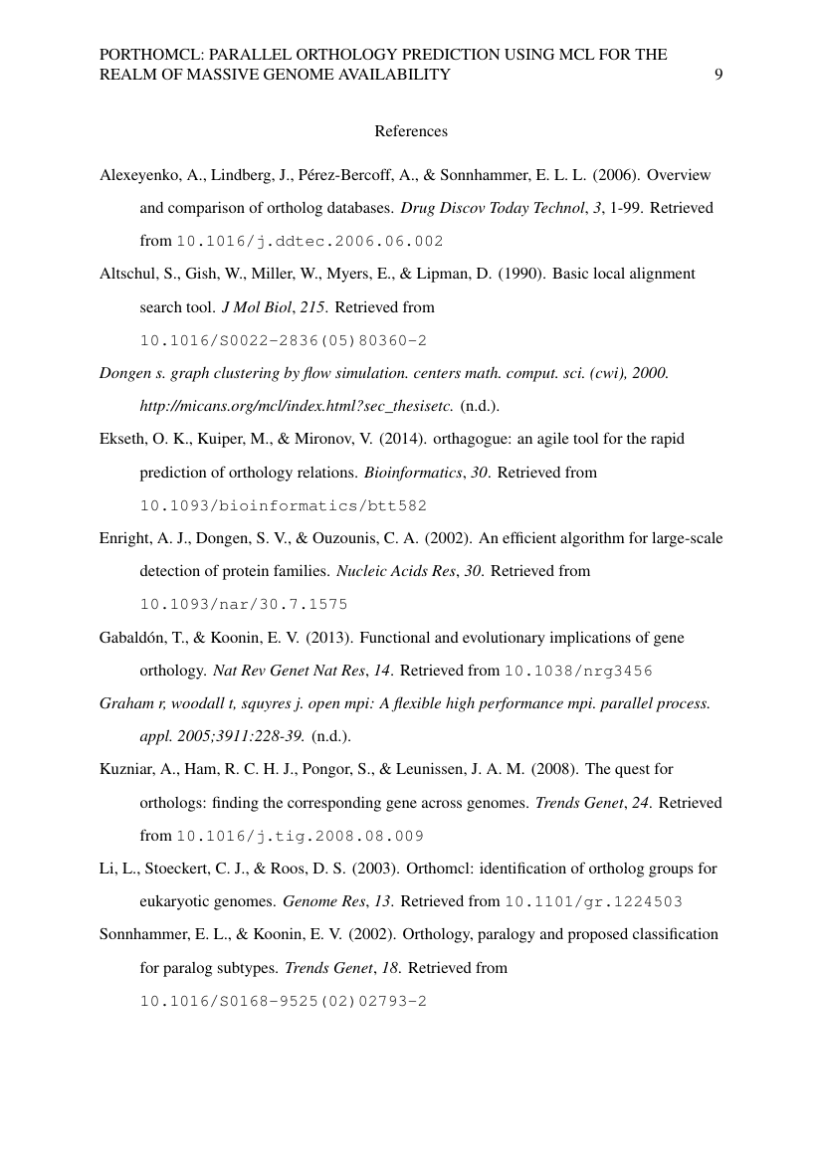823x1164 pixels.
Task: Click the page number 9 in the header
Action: pos(719,74)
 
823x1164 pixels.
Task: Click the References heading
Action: pos(411,131)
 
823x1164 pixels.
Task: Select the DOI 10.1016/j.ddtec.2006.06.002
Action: pos(309,242)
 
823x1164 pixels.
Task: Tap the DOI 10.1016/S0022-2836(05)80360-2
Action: pos(284,340)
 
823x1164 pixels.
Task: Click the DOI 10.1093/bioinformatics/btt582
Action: pos(284,505)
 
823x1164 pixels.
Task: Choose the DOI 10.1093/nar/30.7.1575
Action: pos(244,604)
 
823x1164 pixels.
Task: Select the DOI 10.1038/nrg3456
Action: pos(578,671)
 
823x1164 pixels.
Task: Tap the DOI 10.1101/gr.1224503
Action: pos(593,902)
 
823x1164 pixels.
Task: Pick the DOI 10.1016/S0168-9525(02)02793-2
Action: pos(284,1001)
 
